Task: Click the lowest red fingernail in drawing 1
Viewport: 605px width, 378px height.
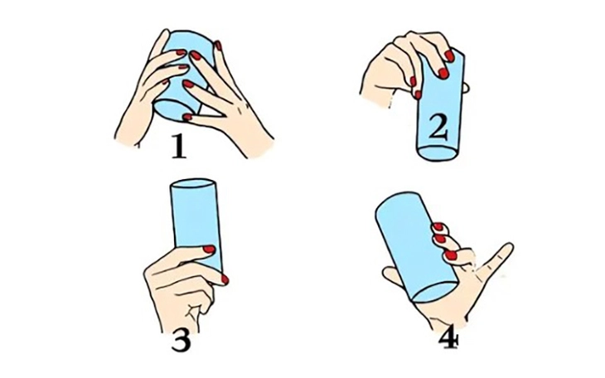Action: pyautogui.click(x=187, y=117)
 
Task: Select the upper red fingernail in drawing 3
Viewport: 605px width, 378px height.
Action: pyautogui.click(x=209, y=249)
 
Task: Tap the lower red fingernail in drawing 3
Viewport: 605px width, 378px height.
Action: pyautogui.click(x=224, y=279)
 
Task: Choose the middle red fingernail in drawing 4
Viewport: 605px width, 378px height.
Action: pyautogui.click(x=437, y=240)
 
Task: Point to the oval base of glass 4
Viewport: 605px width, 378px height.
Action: pyautogui.click(x=432, y=290)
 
